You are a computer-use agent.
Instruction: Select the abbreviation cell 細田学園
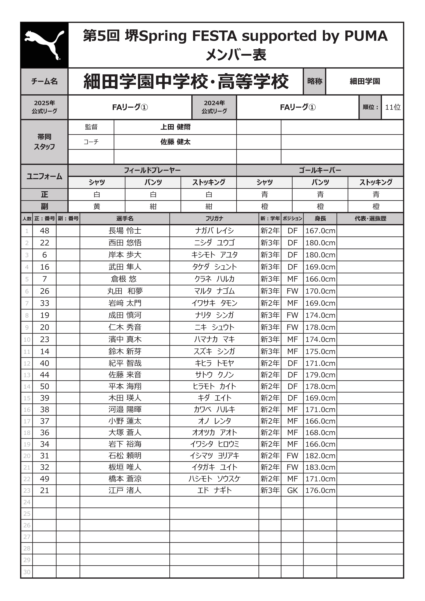pyautogui.click(x=364, y=81)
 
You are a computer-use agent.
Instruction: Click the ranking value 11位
pyautogui.click(x=393, y=107)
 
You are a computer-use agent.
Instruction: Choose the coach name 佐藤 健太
pyautogui.click(x=175, y=142)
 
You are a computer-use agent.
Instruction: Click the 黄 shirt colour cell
pyautogui.click(x=97, y=207)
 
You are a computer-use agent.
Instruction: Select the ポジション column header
pyautogui.click(x=292, y=219)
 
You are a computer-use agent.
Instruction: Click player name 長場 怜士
pyautogui.click(x=125, y=231)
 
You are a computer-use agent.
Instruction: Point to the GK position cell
pyautogui.click(x=292, y=490)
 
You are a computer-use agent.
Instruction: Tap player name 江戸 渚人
pyautogui.click(x=125, y=490)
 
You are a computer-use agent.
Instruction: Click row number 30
pyautogui.click(x=27, y=572)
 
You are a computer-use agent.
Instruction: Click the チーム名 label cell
pyautogui.click(x=44, y=81)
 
